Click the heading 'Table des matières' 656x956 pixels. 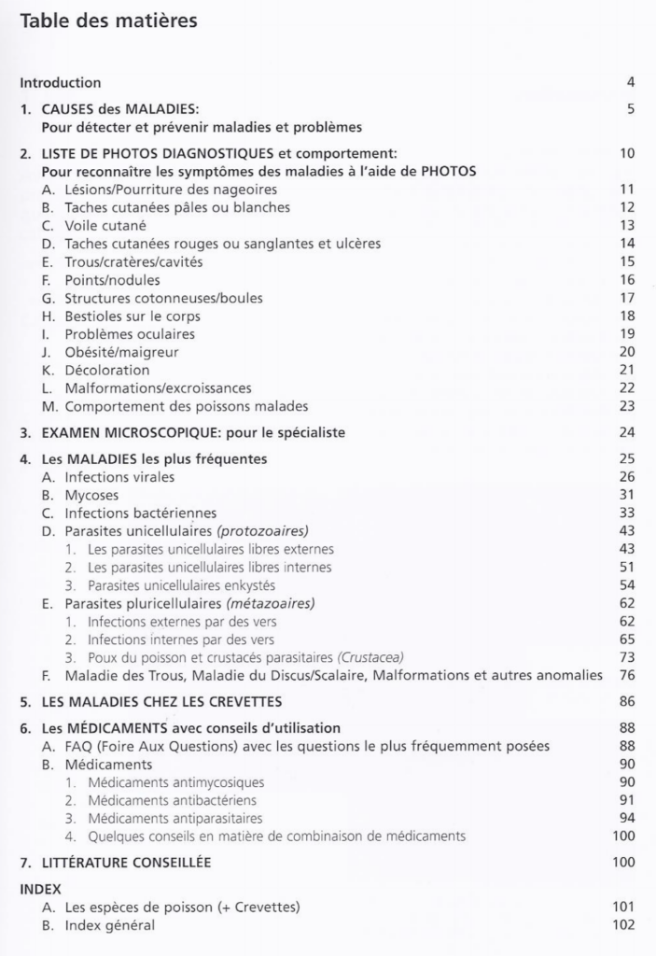[x=108, y=21]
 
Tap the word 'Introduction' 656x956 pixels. [x=61, y=82]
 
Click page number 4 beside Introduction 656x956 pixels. [x=631, y=82]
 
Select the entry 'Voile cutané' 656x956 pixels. [x=105, y=225]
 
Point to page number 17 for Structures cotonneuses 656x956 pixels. [x=627, y=298]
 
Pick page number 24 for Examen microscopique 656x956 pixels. [x=626, y=432]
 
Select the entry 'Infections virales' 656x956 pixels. [x=119, y=477]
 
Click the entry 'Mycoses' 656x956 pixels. [x=91, y=495]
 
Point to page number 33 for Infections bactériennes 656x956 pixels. [x=626, y=513]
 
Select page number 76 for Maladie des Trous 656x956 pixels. [x=626, y=675]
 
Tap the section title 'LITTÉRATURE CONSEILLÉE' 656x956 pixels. [x=126, y=863]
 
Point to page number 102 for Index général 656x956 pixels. [x=623, y=925]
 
